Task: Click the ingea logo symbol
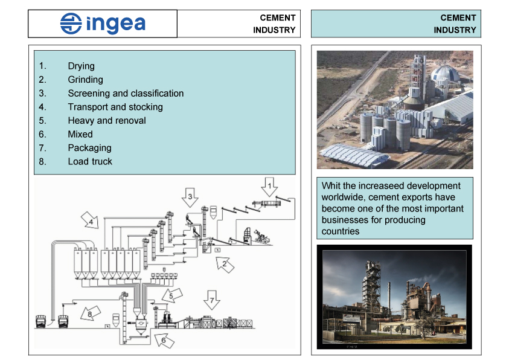coord(71,24)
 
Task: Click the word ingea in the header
coord(115,24)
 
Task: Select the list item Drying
coord(81,66)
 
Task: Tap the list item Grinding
coord(85,80)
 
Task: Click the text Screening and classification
coord(126,93)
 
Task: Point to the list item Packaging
coord(89,147)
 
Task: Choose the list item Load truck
coord(90,161)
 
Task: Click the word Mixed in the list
coord(80,134)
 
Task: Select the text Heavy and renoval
coord(107,120)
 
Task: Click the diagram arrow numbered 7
coord(211,300)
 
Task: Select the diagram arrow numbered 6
coord(164,340)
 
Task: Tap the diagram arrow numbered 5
coord(171,296)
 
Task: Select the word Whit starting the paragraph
coord(331,185)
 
